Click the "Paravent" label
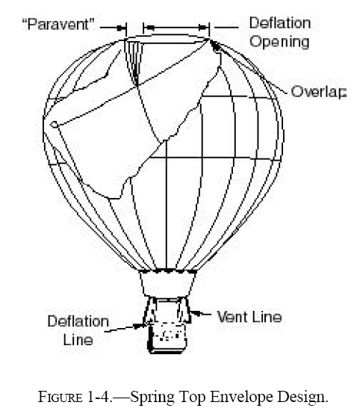[x=58, y=25]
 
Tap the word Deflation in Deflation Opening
[x=280, y=23]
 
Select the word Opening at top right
[x=279, y=43]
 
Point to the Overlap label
[x=318, y=92]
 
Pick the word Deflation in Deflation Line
[x=78, y=321]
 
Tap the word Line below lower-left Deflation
[x=78, y=339]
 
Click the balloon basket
[x=167, y=338]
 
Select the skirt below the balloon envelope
[x=168, y=283]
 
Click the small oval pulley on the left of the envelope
[x=54, y=124]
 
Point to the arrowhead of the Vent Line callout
[x=195, y=313]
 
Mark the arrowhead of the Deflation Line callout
[x=137, y=326]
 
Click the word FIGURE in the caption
[x=60, y=397]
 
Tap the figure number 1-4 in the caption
[x=98, y=397]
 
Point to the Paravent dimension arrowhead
[x=121, y=28]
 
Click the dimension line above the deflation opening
[x=176, y=27]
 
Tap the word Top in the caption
[x=193, y=398]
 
